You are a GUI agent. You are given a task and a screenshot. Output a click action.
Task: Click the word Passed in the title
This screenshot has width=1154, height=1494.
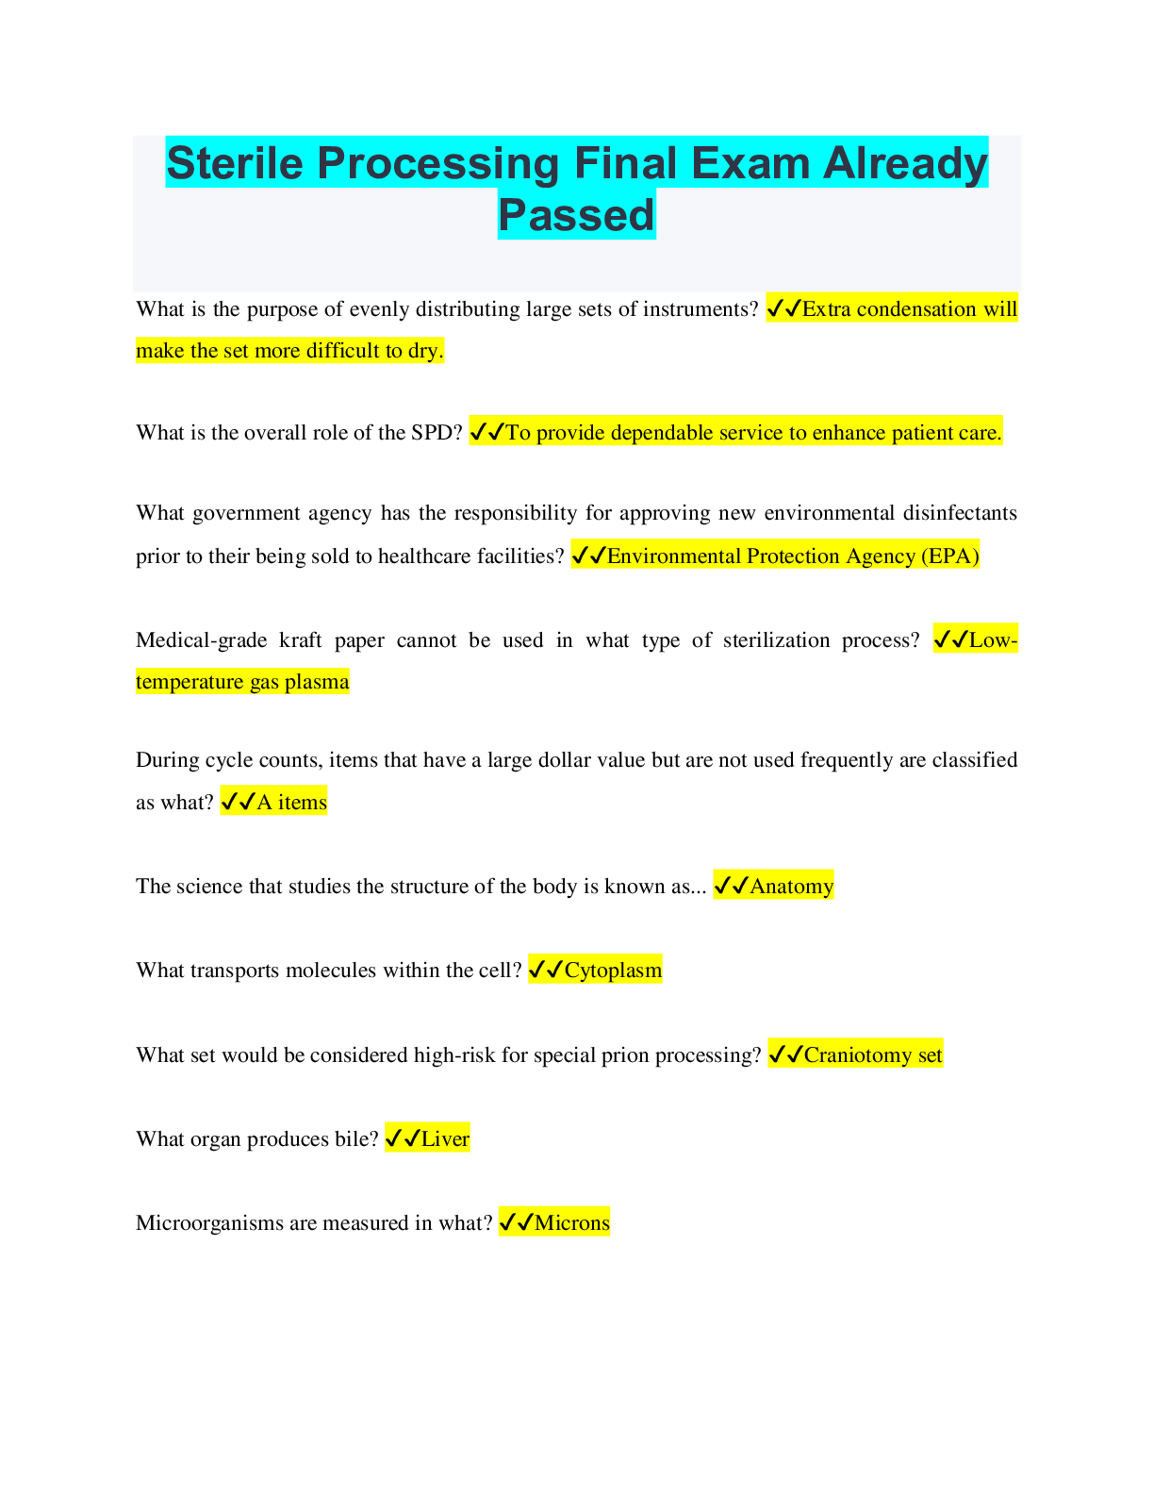click(x=576, y=214)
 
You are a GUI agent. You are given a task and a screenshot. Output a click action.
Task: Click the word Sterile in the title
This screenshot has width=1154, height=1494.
click(x=235, y=163)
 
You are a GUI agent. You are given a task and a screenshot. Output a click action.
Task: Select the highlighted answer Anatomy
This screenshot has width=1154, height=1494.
click(x=791, y=886)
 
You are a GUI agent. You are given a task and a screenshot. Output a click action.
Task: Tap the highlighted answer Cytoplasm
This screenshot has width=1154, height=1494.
click(x=613, y=970)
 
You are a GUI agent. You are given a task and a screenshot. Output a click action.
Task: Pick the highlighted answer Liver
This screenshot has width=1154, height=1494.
click(x=445, y=1138)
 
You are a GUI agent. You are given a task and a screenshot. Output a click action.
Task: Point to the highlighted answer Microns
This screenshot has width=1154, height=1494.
click(x=572, y=1222)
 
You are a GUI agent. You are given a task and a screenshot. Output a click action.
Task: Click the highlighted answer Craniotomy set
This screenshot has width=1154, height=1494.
click(x=872, y=1054)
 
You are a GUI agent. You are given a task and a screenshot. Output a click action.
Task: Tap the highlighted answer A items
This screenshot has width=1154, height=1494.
click(x=291, y=802)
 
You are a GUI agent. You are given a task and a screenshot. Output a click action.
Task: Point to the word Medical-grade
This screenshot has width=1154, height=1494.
click(x=201, y=639)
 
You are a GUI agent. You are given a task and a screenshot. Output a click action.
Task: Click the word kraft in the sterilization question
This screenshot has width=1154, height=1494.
click(x=301, y=639)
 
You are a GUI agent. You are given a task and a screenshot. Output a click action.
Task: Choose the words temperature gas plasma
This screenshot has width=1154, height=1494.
click(x=242, y=681)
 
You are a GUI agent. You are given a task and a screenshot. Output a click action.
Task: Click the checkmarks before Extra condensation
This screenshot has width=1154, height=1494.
click(x=783, y=308)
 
